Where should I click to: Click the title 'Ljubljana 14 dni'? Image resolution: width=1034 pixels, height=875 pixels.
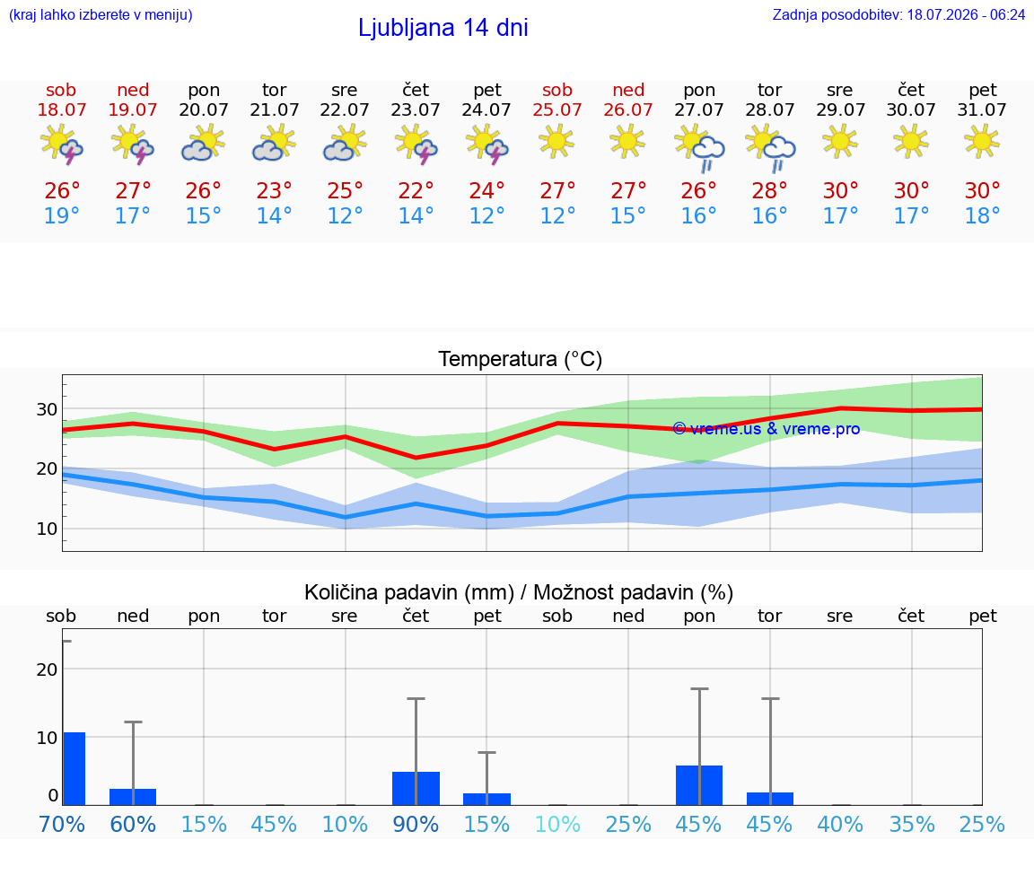pyautogui.click(x=443, y=28)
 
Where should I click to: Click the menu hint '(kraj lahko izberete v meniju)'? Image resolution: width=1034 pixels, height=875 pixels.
pyautogui.click(x=101, y=14)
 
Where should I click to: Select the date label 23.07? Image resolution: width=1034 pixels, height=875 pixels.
pyautogui.click(x=416, y=109)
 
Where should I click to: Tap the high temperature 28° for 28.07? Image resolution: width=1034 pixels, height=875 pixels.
pyautogui.click(x=769, y=190)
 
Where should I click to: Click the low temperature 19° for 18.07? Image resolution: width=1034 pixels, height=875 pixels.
pyautogui.click(x=61, y=215)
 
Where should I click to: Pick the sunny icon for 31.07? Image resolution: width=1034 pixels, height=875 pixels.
pyautogui.click(x=982, y=141)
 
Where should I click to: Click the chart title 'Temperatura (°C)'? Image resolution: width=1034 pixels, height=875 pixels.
pyautogui.click(x=521, y=359)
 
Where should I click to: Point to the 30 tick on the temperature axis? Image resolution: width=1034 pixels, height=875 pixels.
pyautogui.click(x=47, y=409)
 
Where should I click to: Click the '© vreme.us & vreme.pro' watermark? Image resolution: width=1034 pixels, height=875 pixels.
pyautogui.click(x=767, y=429)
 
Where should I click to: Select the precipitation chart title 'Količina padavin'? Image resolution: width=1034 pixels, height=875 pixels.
pyautogui.click(x=409, y=592)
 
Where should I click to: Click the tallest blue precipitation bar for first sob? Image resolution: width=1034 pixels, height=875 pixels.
pyautogui.click(x=74, y=769)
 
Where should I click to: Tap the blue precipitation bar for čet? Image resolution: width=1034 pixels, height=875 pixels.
pyautogui.click(x=416, y=789)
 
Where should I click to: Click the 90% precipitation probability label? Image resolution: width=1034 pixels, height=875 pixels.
pyautogui.click(x=416, y=824)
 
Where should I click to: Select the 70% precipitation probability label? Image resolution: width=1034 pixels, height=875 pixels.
pyautogui.click(x=61, y=824)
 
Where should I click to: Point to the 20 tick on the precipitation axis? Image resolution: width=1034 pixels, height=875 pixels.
pyautogui.click(x=47, y=669)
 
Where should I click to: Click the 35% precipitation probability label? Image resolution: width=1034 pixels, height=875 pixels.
pyautogui.click(x=911, y=824)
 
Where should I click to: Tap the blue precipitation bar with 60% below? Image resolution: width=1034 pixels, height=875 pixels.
pyautogui.click(x=133, y=797)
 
